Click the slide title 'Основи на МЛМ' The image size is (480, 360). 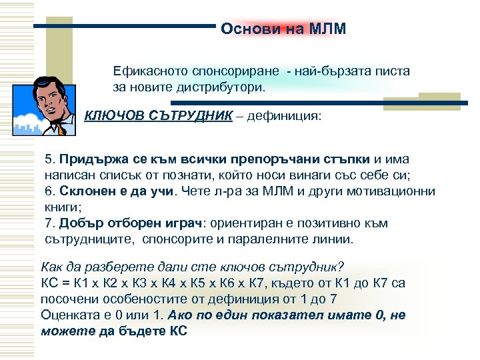283,29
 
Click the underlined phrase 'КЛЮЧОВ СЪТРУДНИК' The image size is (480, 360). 159,117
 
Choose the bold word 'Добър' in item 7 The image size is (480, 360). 78,223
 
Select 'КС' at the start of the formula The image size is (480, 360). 49,283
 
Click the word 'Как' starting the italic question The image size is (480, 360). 52,266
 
